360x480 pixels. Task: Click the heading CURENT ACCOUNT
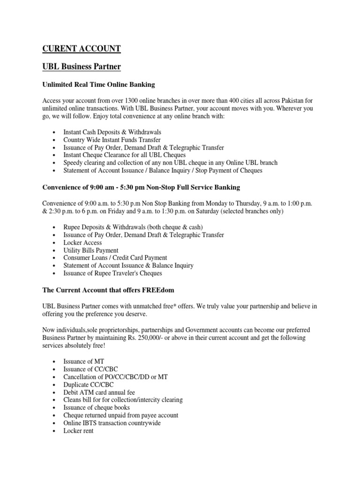click(x=82, y=49)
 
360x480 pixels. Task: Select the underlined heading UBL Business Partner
click(x=82, y=67)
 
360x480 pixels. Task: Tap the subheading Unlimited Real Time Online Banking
click(x=98, y=84)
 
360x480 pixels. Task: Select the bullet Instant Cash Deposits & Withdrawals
click(x=112, y=133)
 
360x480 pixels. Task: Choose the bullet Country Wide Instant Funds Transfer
click(x=112, y=140)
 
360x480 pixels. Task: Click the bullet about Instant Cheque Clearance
click(x=125, y=155)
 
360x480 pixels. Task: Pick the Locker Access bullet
click(x=82, y=243)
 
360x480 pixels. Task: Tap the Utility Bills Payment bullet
click(x=91, y=250)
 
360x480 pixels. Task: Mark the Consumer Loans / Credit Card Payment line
click(x=115, y=258)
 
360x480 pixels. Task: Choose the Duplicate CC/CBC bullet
click(x=89, y=385)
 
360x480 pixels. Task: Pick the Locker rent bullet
click(x=78, y=430)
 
